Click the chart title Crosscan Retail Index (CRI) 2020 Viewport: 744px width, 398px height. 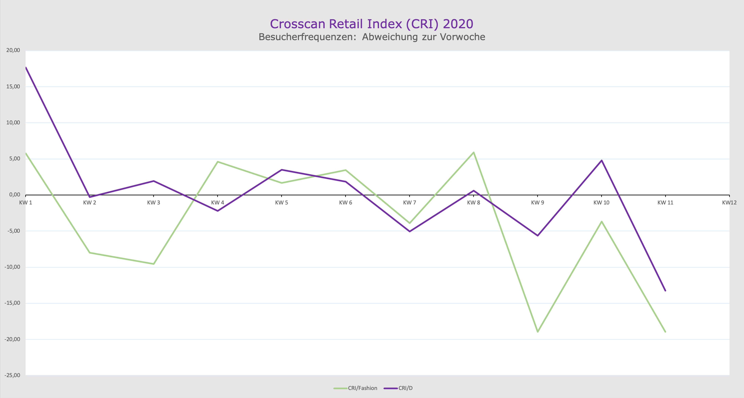pyautogui.click(x=371, y=24)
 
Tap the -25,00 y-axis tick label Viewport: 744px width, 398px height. pyautogui.click(x=12, y=375)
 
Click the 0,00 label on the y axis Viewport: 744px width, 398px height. pyautogui.click(x=14, y=195)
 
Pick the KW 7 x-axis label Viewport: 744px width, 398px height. pyautogui.click(x=410, y=202)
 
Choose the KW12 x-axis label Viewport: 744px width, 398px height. pyautogui.click(x=729, y=202)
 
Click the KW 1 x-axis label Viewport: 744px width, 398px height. pyautogui.click(x=26, y=202)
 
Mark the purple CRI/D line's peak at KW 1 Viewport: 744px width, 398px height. pyautogui.click(x=26, y=68)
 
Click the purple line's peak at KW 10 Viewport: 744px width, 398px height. pyautogui.click(x=602, y=160)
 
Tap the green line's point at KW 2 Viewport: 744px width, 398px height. pyautogui.click(x=90, y=253)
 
